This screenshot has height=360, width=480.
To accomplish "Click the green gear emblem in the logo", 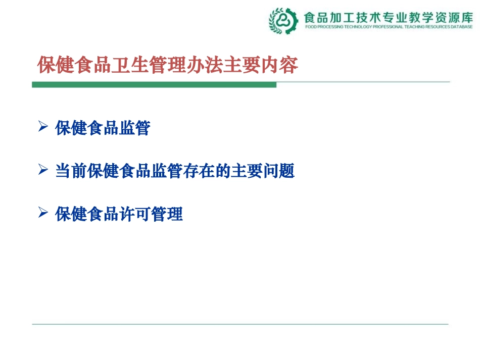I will coord(283,21).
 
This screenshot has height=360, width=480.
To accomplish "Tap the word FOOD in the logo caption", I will coord(311,27).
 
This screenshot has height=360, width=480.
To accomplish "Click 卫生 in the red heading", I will coord(131,65).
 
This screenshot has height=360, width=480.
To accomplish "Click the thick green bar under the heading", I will coord(154,85).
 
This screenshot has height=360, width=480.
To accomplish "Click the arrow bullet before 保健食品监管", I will coord(43,127).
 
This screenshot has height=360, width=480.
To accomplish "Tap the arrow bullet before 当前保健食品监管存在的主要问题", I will coord(43,171).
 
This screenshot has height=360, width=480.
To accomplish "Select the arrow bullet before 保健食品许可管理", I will coord(43,214).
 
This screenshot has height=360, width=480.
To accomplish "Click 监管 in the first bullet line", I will coord(135,128).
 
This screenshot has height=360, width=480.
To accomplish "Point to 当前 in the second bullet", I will coord(71,172).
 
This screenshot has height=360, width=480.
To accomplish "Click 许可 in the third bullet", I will coord(135,215).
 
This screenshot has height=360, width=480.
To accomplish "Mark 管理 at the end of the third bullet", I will coord(167,215).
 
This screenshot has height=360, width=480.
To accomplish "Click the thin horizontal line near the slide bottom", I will coord(240,324).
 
